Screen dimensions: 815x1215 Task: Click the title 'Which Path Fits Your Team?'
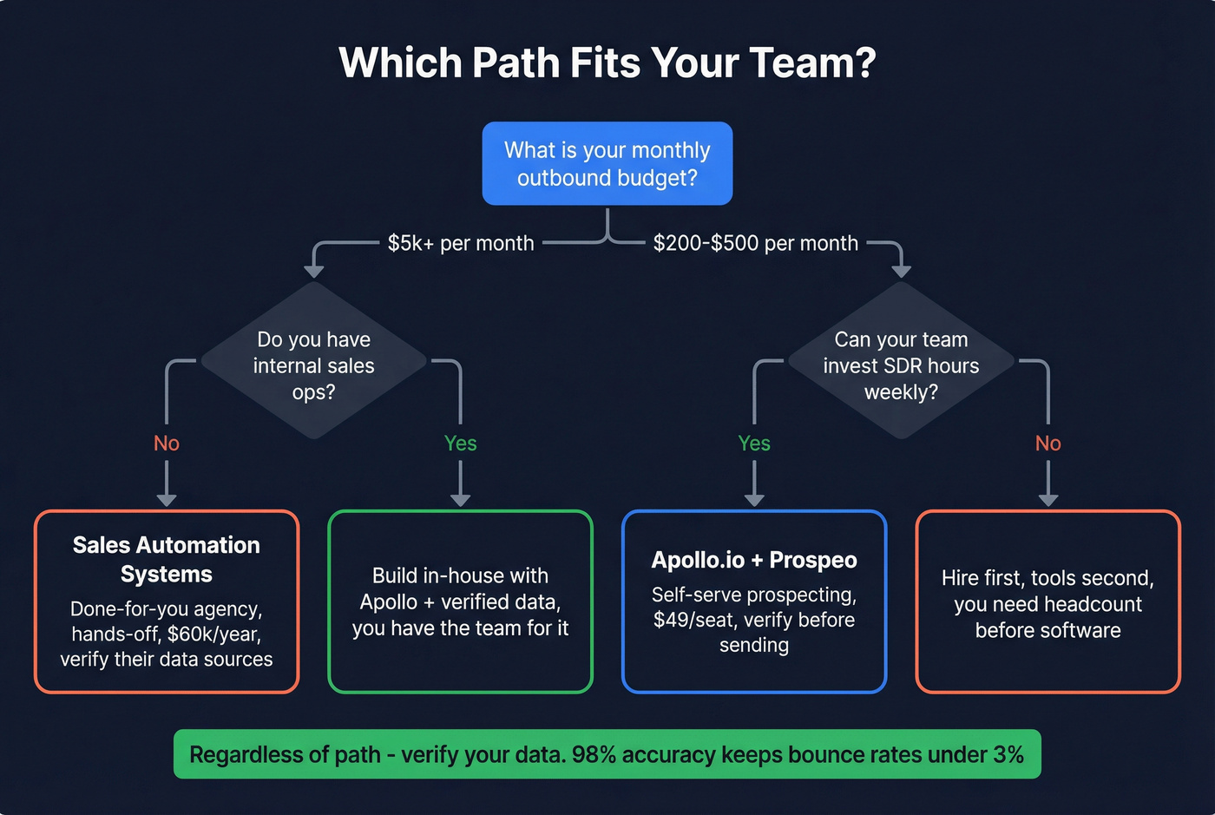point(607,62)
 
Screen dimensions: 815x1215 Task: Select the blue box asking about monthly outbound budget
point(607,163)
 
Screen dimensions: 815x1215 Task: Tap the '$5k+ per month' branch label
point(461,243)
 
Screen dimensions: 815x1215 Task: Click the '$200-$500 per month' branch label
point(755,243)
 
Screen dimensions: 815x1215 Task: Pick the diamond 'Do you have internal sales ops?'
point(314,365)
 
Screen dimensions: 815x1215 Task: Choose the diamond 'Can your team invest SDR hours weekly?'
point(901,365)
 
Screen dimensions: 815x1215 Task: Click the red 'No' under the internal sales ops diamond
point(167,444)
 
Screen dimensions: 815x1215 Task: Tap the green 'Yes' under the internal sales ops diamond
point(460,444)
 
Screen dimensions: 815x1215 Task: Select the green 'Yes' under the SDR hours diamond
point(754,444)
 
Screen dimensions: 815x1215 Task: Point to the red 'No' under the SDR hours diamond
point(1048,444)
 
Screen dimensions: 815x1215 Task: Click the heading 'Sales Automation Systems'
point(167,559)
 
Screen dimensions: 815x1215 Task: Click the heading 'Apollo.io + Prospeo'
point(754,560)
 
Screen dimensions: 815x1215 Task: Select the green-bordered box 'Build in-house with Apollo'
point(460,601)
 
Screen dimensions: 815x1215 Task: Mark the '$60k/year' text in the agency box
point(214,634)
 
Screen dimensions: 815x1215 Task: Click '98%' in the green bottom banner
point(594,754)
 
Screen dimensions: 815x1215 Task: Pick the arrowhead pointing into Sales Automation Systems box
point(167,499)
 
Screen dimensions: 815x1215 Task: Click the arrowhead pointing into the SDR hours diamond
point(901,272)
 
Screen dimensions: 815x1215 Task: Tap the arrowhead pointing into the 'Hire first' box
point(1048,499)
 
